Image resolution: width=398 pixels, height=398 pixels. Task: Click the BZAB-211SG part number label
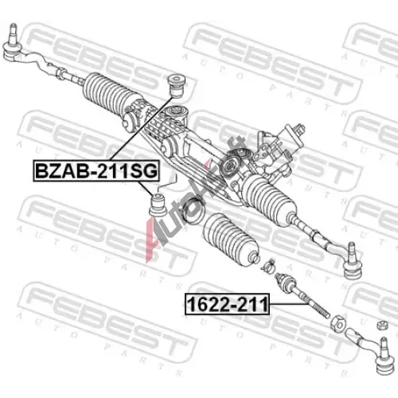(x=96, y=170)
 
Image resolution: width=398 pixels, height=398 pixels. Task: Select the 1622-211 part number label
(x=227, y=304)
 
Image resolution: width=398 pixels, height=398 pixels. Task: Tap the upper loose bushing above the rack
(x=178, y=86)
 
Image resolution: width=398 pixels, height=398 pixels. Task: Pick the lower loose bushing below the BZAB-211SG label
(x=158, y=205)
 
